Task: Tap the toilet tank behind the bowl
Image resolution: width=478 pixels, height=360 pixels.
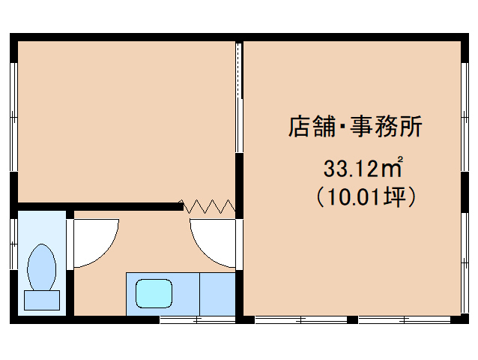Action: coord(41,300)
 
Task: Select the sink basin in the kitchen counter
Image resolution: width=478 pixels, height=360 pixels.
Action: coord(154,293)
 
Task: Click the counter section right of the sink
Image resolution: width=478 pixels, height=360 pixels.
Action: coord(217,293)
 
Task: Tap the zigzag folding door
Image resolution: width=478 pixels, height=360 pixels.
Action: coord(209,205)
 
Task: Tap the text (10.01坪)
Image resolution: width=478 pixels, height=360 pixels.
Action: coord(363,196)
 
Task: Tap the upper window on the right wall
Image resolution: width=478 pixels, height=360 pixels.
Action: coord(465,105)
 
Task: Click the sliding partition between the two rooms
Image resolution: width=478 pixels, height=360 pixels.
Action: coord(239,97)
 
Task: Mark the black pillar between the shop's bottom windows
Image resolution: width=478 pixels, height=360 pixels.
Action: coord(352,320)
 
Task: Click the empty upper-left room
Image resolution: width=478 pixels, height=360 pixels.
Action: coord(124,120)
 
